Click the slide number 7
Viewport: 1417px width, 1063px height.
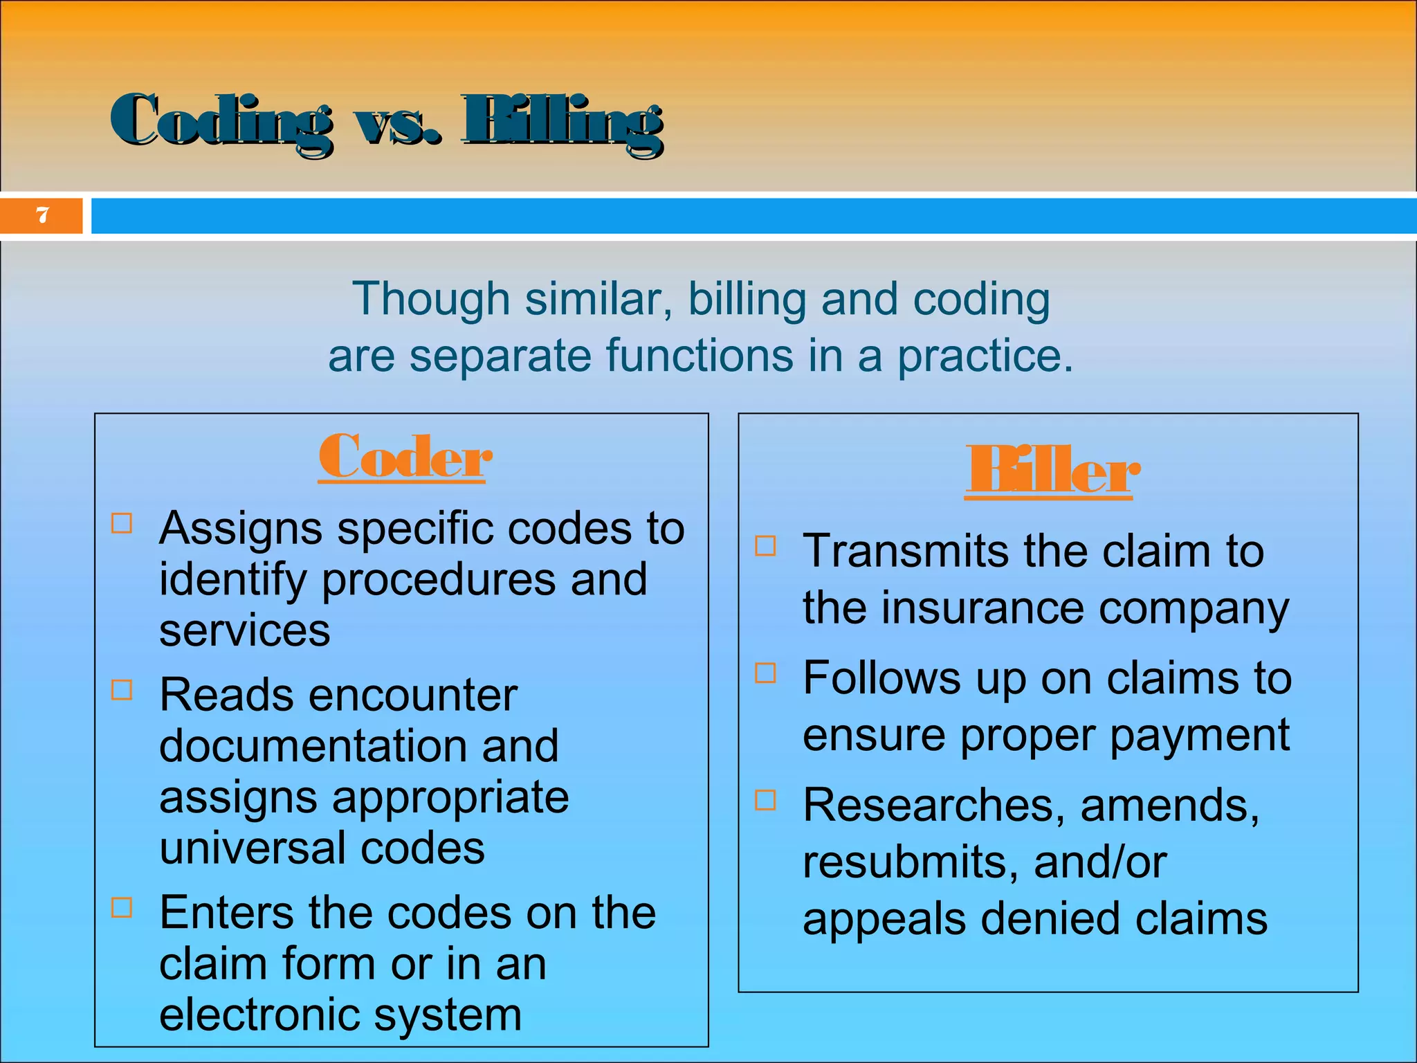[43, 215]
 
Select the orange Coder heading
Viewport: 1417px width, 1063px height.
[405, 457]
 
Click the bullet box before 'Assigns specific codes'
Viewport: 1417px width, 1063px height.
[122, 523]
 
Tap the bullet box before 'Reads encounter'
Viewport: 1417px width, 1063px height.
[122, 689]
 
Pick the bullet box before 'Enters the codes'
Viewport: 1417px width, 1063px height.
[122, 907]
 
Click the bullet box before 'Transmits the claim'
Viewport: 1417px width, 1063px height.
[765, 545]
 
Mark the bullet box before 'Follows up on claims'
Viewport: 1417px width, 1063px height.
[765, 673]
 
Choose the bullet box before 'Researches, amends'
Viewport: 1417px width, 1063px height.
[765, 800]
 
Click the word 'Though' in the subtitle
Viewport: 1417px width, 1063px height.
[431, 299]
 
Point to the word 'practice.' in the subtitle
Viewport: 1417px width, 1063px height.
[985, 356]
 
